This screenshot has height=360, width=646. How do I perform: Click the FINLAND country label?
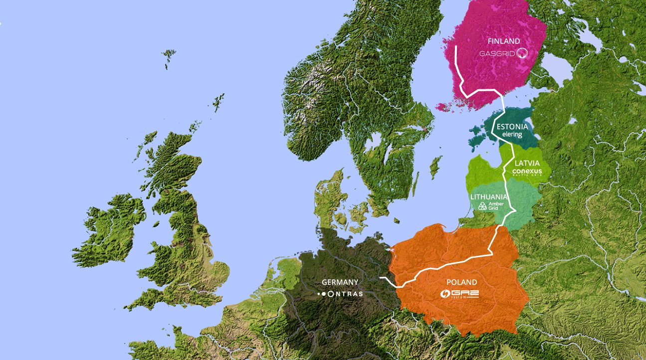503,41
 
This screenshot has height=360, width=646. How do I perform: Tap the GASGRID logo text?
497,53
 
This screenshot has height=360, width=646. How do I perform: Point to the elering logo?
512,135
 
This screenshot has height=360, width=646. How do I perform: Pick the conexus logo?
527,172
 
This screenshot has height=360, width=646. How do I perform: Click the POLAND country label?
461,283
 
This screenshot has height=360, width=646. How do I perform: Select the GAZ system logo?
459,294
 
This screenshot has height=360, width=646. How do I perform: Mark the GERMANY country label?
340,282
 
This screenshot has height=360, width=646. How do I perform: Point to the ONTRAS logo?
341,294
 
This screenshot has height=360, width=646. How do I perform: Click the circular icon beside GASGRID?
522,53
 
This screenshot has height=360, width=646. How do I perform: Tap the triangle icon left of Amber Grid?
482,206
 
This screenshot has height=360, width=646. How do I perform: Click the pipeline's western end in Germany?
381,277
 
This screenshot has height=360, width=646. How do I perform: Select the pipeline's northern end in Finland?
456,46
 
